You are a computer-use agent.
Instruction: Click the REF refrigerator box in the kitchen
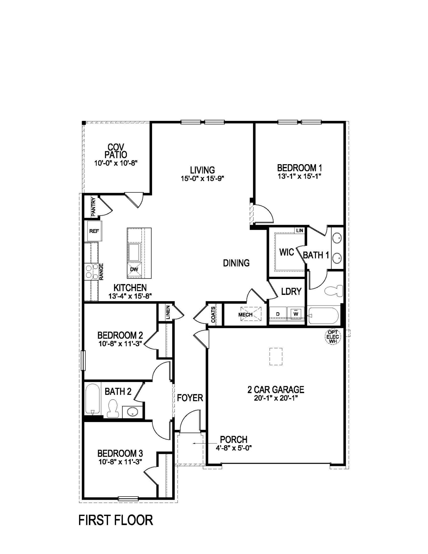click(x=94, y=231)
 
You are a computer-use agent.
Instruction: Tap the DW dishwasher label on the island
click(x=134, y=269)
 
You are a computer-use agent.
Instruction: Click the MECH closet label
click(x=246, y=315)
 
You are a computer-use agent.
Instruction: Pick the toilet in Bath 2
click(x=113, y=408)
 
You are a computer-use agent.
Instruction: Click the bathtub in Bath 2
click(x=93, y=399)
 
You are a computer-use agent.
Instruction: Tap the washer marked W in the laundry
click(x=296, y=313)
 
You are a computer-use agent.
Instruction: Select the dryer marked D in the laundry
click(x=278, y=314)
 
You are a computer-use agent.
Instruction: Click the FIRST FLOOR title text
click(x=116, y=520)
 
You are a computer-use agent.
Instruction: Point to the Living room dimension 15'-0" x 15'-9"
click(x=202, y=179)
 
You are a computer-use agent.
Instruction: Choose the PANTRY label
click(x=93, y=206)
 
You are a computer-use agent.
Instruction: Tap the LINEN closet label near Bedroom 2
click(x=168, y=312)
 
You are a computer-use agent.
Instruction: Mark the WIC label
click(x=287, y=252)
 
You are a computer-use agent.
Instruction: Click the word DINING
click(x=236, y=263)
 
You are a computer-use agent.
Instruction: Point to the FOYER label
click(x=190, y=398)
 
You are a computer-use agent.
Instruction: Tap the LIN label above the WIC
click(x=300, y=231)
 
